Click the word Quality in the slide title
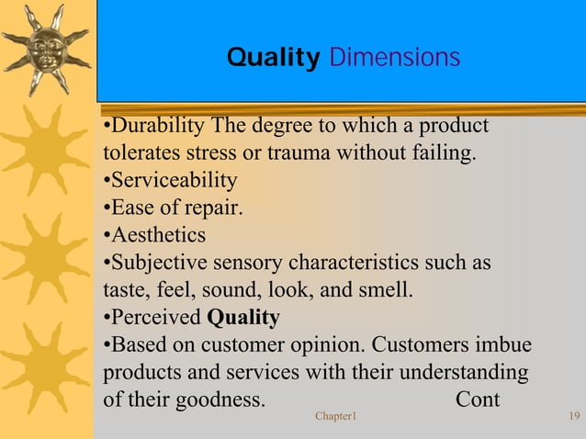tap(272, 59)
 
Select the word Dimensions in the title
tap(393, 59)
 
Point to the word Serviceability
tap(175, 180)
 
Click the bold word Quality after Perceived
tap(243, 318)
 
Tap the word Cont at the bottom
tap(478, 400)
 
